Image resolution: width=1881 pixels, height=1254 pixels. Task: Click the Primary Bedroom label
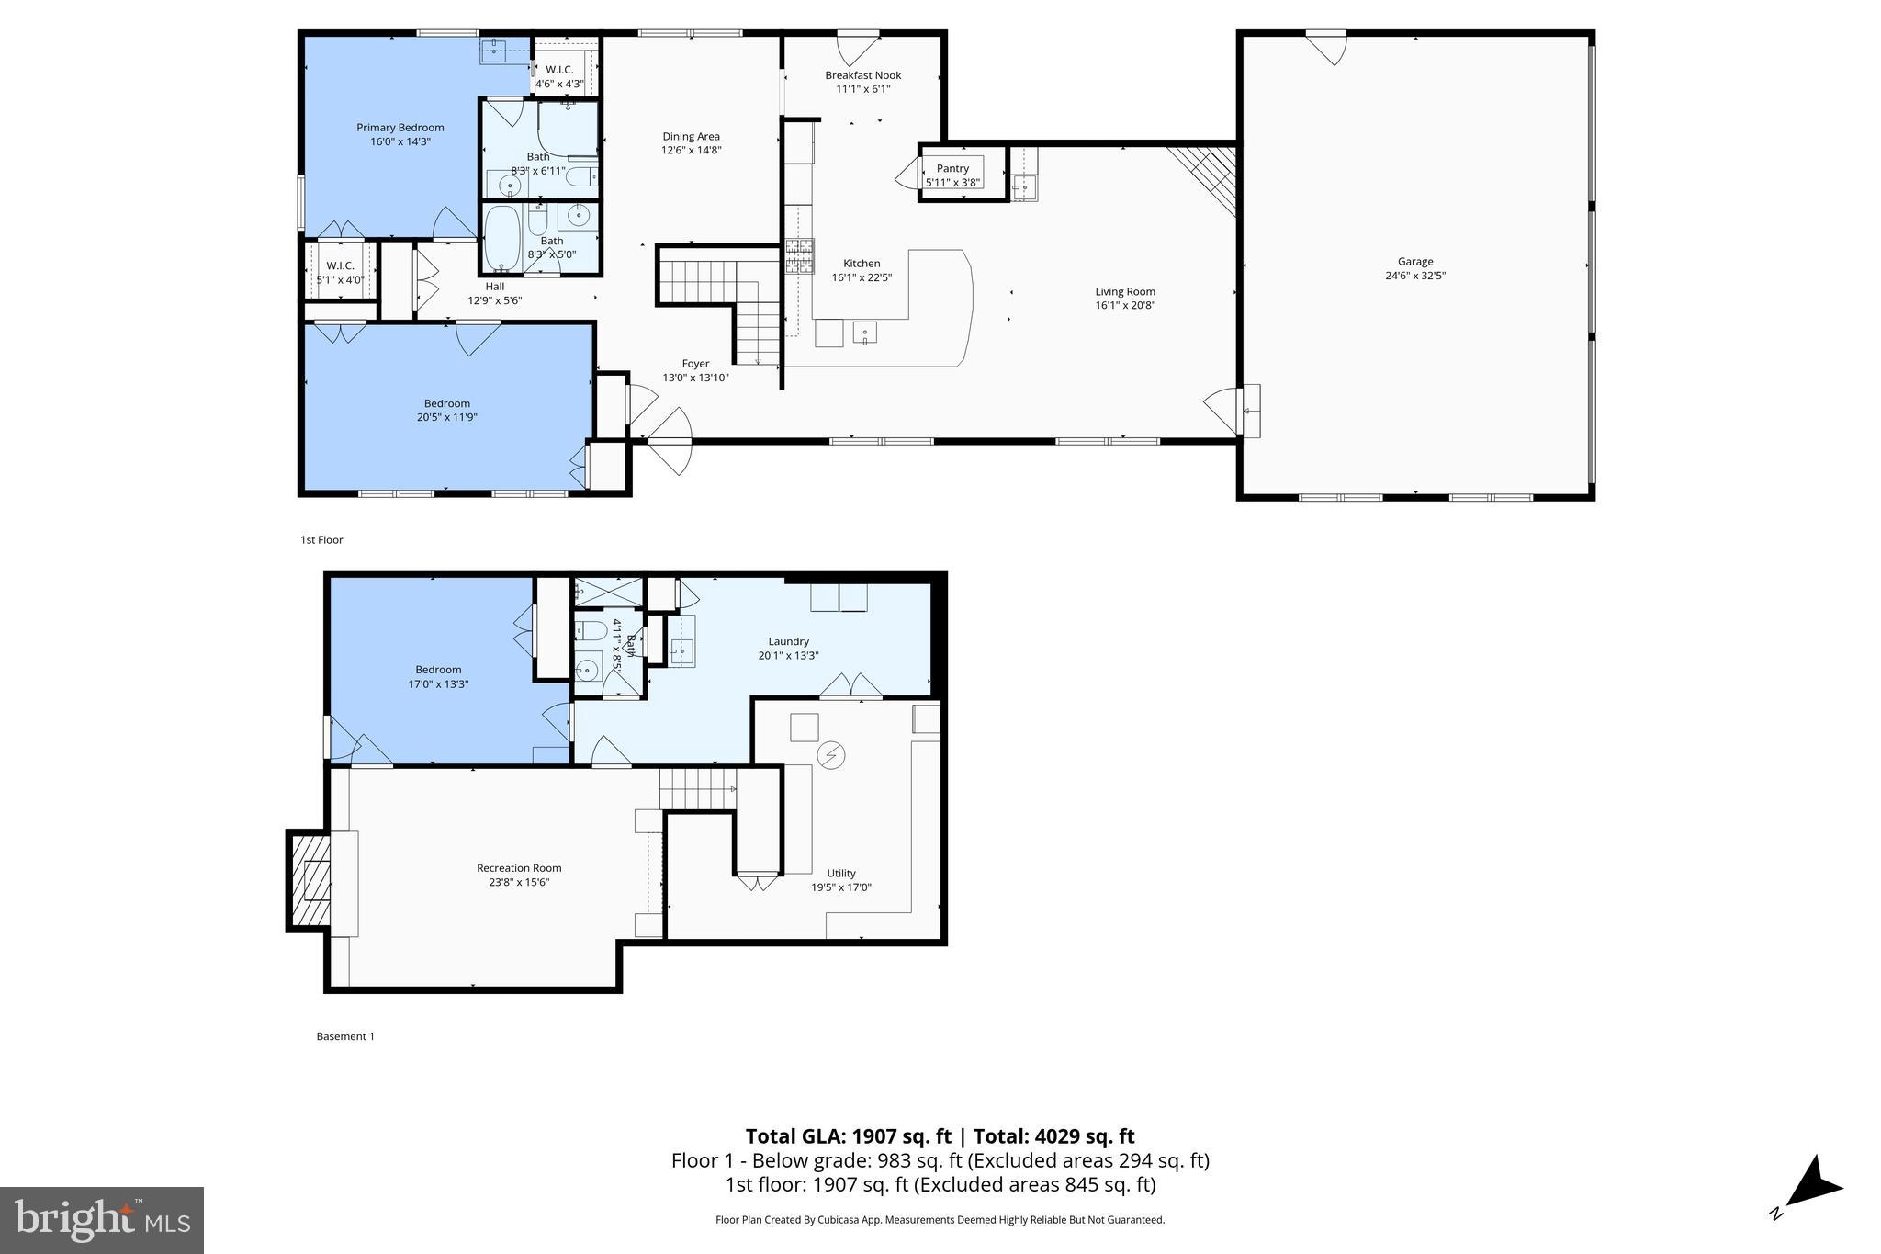[400, 128]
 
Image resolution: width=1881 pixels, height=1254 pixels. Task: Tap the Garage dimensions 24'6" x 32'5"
[1414, 276]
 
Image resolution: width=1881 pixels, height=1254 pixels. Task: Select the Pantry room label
[952, 168]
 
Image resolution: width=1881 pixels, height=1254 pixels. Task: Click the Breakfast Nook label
[862, 75]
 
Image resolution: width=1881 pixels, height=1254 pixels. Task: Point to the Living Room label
[1124, 291]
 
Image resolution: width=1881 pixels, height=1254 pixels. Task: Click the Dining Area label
[691, 136]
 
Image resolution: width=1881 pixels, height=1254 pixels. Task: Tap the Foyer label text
[695, 364]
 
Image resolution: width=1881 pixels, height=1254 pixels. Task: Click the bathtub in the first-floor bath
[501, 237]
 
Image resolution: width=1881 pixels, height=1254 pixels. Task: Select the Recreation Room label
[518, 867]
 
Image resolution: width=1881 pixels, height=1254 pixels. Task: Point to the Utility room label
[840, 873]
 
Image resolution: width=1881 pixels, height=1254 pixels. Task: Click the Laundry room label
[788, 641]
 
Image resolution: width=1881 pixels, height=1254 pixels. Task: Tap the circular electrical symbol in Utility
[831, 755]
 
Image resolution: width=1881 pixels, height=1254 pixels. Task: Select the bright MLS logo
[102, 1220]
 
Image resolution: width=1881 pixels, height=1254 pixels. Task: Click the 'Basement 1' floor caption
[345, 1036]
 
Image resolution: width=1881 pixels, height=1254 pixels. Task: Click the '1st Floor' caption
[321, 539]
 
